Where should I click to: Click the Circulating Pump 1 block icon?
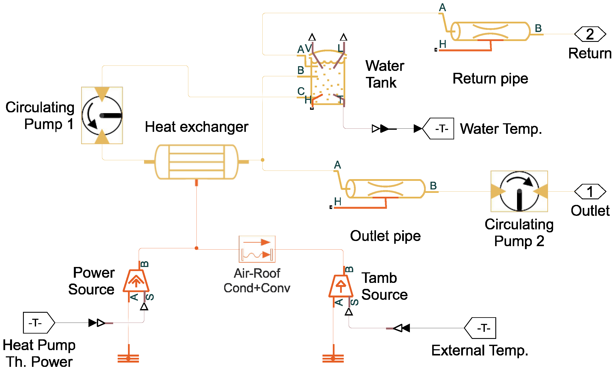point(102,115)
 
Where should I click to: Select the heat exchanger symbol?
point(196,162)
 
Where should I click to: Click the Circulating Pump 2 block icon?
point(519,191)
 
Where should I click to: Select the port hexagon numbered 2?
point(590,34)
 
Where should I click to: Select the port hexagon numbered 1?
point(590,192)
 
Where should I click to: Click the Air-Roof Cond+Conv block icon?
point(257,249)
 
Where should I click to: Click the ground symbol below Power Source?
point(128,358)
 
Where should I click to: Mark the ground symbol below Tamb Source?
point(333,358)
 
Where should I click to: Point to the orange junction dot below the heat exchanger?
point(196,248)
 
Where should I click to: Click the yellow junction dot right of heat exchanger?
point(263,160)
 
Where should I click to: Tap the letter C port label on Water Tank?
point(301,91)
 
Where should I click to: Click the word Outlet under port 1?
point(590,210)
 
